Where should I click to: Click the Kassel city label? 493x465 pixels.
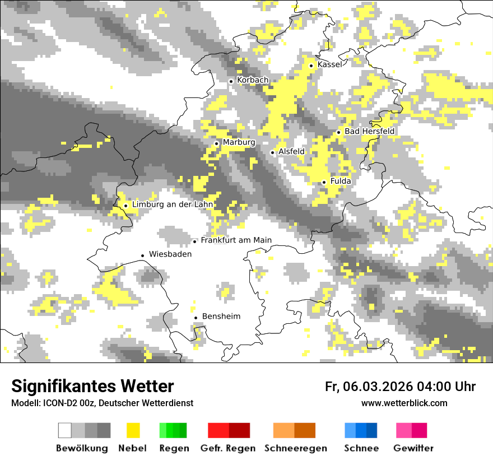click(x=329, y=65)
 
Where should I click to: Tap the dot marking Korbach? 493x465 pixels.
click(x=231, y=81)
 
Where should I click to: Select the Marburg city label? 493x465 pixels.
click(x=239, y=142)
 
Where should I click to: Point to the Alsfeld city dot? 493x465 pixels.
click(x=273, y=152)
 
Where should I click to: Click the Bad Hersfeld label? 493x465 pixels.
click(x=370, y=131)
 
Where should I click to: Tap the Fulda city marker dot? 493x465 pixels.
click(x=324, y=182)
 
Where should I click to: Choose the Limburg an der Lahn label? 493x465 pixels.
click(x=172, y=204)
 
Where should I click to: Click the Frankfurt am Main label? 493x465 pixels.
click(x=236, y=240)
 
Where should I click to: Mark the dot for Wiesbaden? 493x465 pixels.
click(x=143, y=255)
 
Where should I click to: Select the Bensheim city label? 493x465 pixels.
click(x=221, y=317)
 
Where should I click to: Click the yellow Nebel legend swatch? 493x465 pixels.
click(x=133, y=430)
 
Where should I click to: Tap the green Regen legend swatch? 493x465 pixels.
click(x=173, y=430)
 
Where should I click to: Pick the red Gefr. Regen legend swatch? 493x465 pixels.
click(x=229, y=430)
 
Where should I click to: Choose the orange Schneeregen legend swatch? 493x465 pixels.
click(x=295, y=430)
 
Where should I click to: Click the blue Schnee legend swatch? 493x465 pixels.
click(x=361, y=430)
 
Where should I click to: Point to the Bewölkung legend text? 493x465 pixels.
click(x=82, y=448)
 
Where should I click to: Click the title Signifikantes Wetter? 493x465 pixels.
click(x=92, y=386)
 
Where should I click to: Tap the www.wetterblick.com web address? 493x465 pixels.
click(x=404, y=403)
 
